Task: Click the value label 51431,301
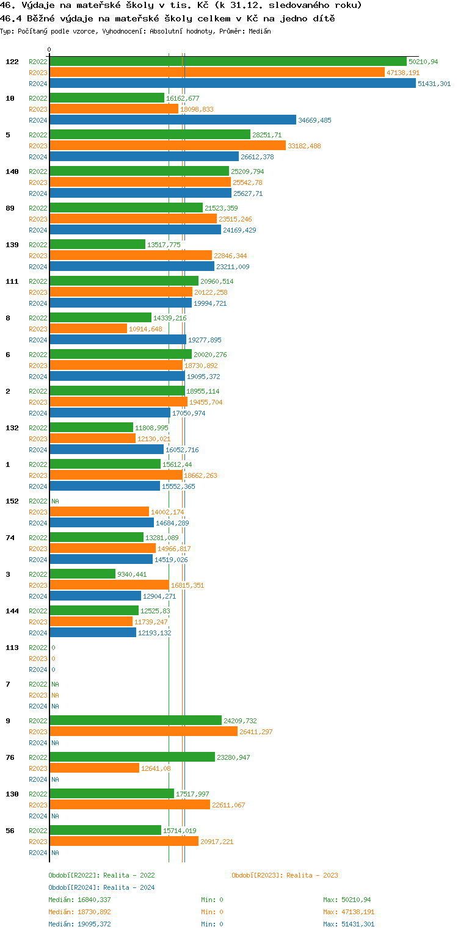coord(434,84)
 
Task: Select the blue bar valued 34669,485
coord(173,120)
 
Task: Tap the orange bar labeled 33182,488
coord(167,146)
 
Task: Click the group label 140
coord(12,171)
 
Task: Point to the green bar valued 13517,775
coord(98,245)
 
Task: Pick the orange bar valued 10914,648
coord(89,329)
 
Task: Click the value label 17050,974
coord(189,413)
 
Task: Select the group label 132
coord(12,428)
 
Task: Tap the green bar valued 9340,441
coord(82,574)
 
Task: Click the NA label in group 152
coord(55,501)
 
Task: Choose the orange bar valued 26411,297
coord(144,732)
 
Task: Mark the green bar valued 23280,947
coord(133,757)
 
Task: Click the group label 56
coord(10,831)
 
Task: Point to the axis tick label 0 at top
coord(49,50)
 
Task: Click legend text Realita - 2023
coord(312,875)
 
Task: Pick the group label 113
coord(12,648)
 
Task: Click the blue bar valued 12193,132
coord(93,633)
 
